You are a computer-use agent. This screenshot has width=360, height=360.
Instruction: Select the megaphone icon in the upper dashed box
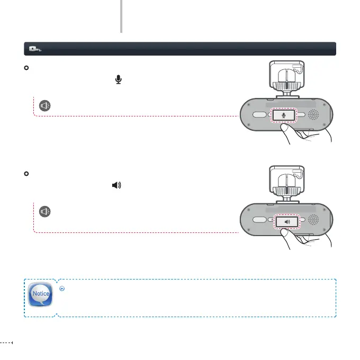point(46,105)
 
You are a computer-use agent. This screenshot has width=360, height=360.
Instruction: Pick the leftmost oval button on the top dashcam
point(259,114)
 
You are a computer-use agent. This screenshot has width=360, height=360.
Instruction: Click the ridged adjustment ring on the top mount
point(286,85)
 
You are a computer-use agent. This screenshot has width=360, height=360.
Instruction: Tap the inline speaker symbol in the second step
point(116,185)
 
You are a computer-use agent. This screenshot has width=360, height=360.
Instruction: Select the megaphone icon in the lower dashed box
point(46,212)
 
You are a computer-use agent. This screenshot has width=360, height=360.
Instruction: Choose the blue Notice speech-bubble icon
point(41,294)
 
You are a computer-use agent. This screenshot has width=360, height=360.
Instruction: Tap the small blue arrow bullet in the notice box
point(62,289)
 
